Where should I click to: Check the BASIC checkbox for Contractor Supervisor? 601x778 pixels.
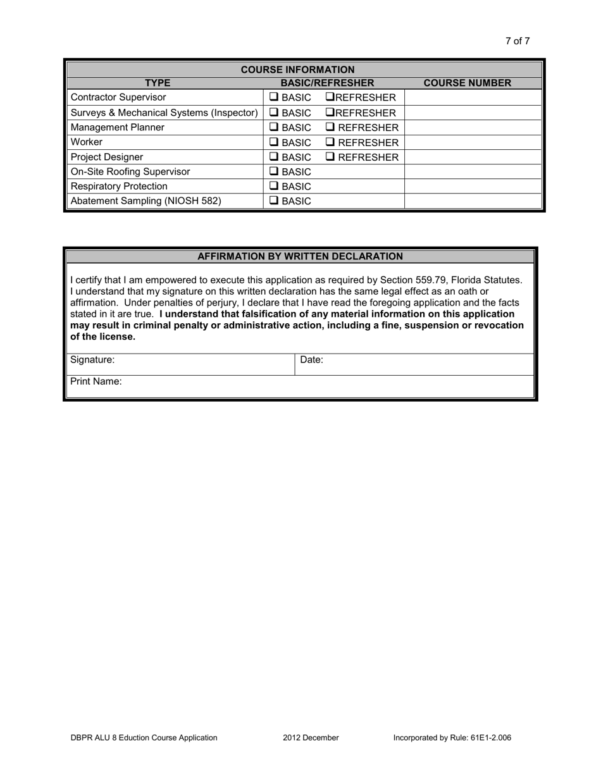pos(274,97)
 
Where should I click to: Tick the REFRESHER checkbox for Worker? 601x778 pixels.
pos(330,142)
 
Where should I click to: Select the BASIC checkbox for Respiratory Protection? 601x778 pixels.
pos(274,187)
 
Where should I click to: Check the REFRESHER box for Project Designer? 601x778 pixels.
pos(330,157)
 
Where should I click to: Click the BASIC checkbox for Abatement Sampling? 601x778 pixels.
pos(274,201)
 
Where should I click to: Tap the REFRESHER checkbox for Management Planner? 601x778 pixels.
pos(330,127)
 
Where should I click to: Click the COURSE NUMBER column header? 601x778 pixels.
pos(467,83)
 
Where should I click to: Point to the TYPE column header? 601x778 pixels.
pos(158,83)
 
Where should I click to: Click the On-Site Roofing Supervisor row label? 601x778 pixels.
pos(130,171)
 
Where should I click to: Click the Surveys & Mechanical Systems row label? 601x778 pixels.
pos(164,113)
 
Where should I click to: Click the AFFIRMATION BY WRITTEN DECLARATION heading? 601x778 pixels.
pos(300,256)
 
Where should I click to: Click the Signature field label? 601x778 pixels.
pos(92,360)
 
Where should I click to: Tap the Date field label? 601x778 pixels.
pos(311,360)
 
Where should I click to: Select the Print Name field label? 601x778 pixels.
pos(96,381)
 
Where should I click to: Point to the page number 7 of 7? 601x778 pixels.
pos(517,41)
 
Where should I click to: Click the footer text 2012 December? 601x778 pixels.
pos(311,738)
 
